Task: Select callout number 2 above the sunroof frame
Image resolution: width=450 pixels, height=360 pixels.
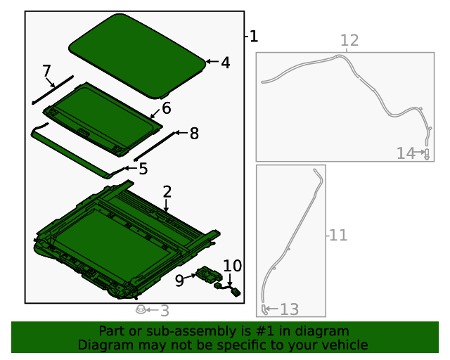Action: (167, 192)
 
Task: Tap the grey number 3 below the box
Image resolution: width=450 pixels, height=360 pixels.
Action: (165, 311)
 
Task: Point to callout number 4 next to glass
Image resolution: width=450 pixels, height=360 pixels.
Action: (225, 63)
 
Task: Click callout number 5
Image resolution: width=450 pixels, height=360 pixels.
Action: (143, 168)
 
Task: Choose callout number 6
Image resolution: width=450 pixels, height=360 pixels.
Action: (166, 108)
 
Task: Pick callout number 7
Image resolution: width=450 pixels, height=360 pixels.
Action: (46, 71)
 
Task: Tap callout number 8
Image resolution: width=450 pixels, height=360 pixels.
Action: (194, 133)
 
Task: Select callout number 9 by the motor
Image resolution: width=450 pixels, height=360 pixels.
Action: (179, 280)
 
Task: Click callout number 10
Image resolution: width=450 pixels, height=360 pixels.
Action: (232, 266)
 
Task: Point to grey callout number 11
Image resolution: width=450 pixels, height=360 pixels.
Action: (338, 235)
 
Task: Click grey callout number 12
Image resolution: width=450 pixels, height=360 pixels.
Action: (349, 41)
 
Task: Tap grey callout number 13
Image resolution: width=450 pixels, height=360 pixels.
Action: (290, 309)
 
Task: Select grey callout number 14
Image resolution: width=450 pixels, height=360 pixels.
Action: (406, 153)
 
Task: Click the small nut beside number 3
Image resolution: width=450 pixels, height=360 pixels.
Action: (141, 309)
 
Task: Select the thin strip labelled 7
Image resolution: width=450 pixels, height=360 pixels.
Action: (53, 89)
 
